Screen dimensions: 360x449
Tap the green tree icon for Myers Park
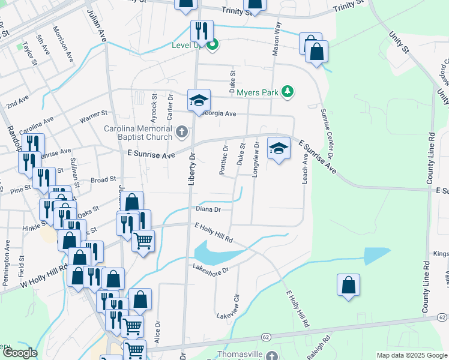point(289,91)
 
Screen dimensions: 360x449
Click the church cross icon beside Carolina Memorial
point(182,130)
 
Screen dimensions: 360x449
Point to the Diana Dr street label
point(209,209)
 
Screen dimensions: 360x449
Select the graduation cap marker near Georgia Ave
point(199,100)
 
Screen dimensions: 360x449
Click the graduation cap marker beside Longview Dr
point(278,148)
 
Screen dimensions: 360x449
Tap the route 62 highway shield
point(442,316)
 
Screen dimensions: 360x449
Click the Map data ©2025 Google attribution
point(412,355)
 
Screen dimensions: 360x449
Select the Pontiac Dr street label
point(223,160)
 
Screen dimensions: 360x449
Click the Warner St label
point(93,113)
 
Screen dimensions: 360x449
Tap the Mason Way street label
point(277,40)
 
